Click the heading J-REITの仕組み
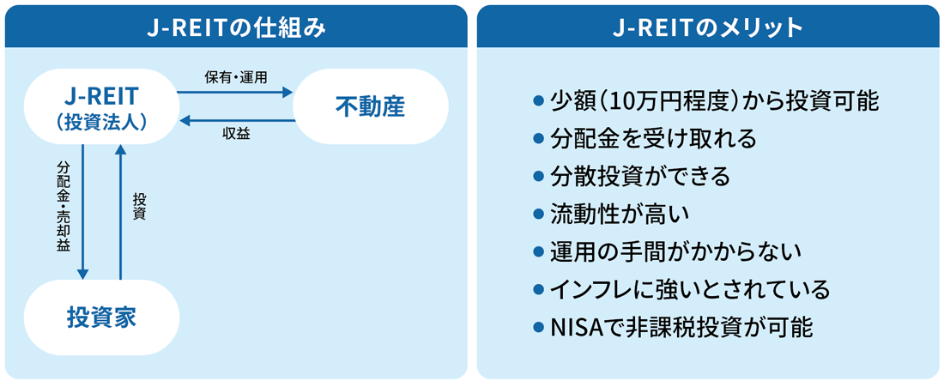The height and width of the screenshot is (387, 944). tap(236, 27)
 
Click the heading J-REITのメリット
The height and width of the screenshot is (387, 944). tap(708, 27)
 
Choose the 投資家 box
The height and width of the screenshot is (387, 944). tap(102, 317)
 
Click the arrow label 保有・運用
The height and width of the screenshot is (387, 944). tap(236, 77)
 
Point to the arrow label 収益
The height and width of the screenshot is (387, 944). tap(236, 134)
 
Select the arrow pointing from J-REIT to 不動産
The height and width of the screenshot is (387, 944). tap(236, 91)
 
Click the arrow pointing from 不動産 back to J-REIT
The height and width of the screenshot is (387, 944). tap(236, 120)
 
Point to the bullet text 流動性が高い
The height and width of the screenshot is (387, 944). tap(619, 215)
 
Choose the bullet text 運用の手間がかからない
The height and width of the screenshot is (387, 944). tap(675, 252)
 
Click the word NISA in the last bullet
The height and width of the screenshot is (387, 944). tap(572, 328)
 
